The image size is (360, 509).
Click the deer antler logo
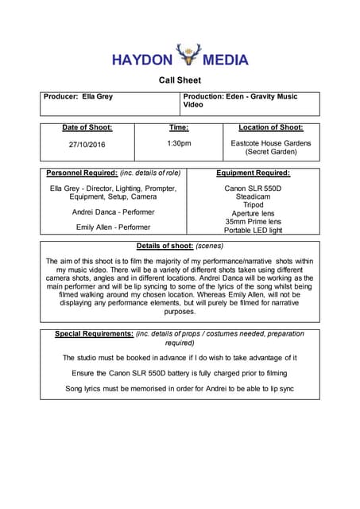coord(188,55)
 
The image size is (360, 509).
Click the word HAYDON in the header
coord(142,60)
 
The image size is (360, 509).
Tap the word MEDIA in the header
coord(226,60)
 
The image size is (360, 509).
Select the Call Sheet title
coord(180,80)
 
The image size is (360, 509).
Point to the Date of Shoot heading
coord(87,127)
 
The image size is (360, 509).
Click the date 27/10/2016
coord(87,144)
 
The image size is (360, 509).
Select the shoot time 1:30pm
coord(179,143)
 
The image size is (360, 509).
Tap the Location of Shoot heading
coord(270,127)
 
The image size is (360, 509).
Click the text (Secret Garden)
coord(270,151)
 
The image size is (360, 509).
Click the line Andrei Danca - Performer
coord(113,212)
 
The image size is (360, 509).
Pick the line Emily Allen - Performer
coord(113,227)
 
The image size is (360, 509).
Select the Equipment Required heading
coord(253,173)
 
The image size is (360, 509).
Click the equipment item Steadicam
coord(253,196)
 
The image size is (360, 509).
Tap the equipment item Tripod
coord(253,205)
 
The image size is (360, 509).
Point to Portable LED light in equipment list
coord(253,230)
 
